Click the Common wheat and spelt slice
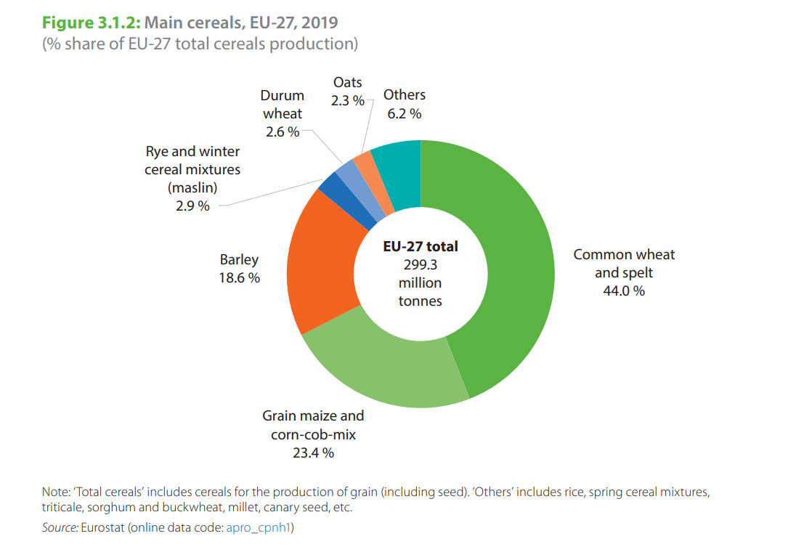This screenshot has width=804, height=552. pos(508,269)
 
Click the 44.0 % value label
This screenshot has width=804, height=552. pos(623,291)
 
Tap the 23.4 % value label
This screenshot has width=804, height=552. pos(313,452)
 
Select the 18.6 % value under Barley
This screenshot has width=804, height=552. pos(239,277)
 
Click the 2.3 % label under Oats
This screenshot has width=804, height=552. pos(347,101)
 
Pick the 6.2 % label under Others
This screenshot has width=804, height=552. pos(404,113)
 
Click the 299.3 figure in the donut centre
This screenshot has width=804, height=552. pos(420,264)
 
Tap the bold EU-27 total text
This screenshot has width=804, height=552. pos(420,247)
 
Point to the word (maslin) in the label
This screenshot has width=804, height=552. pos(192,187)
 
